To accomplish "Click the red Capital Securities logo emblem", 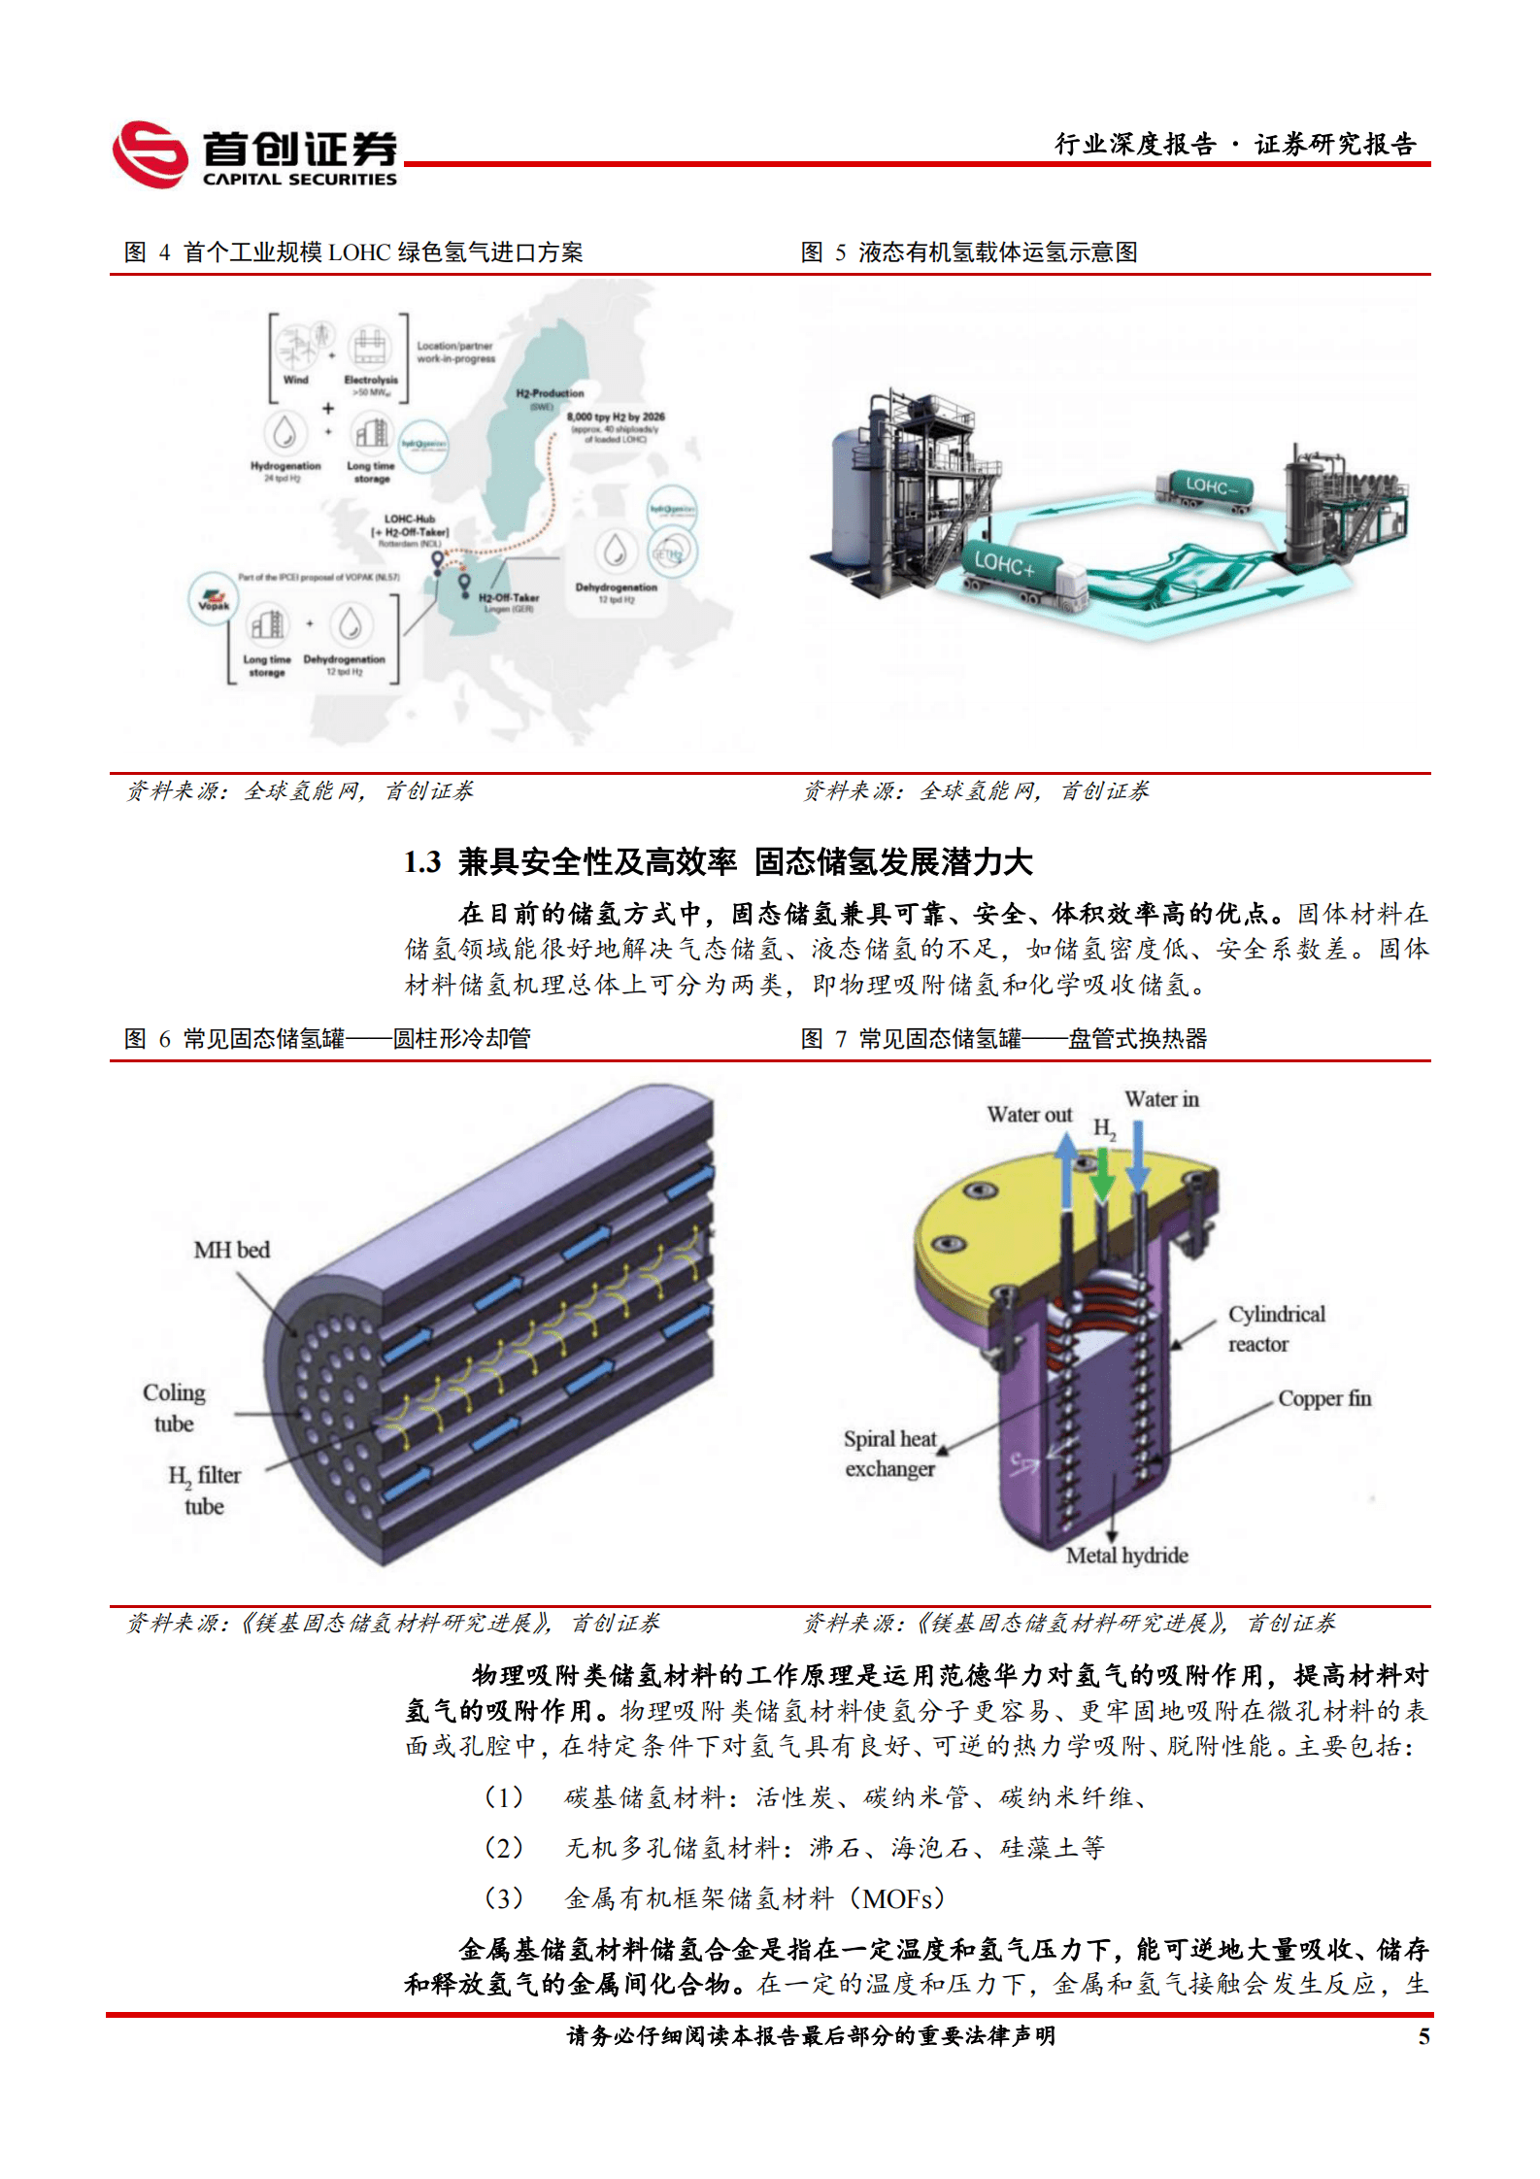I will pyautogui.click(x=151, y=154).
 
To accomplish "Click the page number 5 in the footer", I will pyautogui.click(x=1423, y=2036).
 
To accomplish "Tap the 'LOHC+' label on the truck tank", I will pyautogui.click(x=1004, y=563).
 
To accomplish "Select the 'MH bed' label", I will pyautogui.click(x=231, y=1250).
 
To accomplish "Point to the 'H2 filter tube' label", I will pyautogui.click(x=205, y=1491).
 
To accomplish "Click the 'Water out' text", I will pyautogui.click(x=1029, y=1115).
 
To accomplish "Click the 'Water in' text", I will pyautogui.click(x=1161, y=1099).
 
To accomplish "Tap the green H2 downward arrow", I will pyautogui.click(x=1102, y=1174).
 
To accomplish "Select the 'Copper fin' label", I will pyautogui.click(x=1323, y=1398).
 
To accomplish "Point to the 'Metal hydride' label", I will pyautogui.click(x=1126, y=1556).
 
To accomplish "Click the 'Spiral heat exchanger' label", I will pyautogui.click(x=889, y=1454).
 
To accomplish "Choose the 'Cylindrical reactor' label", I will pyautogui.click(x=1275, y=1328).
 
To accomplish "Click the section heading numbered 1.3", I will pyautogui.click(x=718, y=861).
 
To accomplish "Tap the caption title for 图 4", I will pyautogui.click(x=354, y=252).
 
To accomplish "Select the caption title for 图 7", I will pyautogui.click(x=1004, y=1039).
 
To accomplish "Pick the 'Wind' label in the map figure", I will pyautogui.click(x=295, y=380).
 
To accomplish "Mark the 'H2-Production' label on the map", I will pyautogui.click(x=550, y=393).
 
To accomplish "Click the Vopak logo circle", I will pyautogui.click(x=214, y=597).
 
